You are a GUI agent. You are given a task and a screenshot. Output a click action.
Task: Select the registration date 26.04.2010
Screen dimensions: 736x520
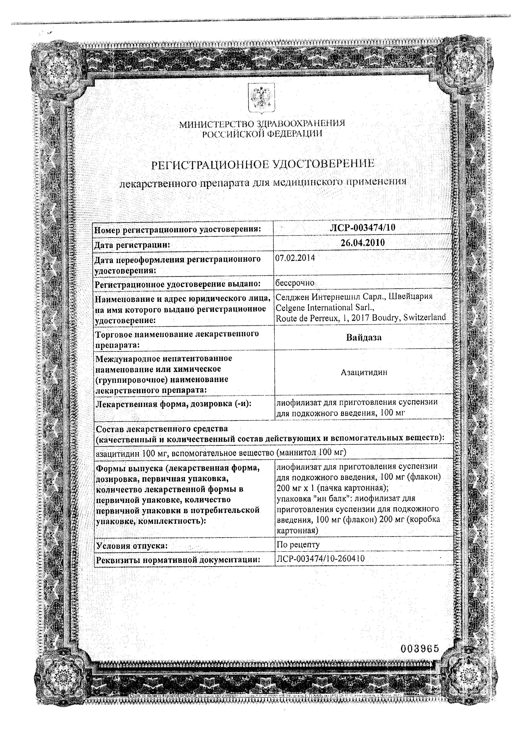pyautogui.click(x=363, y=243)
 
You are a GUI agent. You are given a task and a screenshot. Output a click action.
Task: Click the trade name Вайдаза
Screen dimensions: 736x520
pyautogui.click(x=364, y=337)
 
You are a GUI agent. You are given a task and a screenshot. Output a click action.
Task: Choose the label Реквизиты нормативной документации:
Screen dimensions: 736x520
pyautogui.click(x=177, y=560)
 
